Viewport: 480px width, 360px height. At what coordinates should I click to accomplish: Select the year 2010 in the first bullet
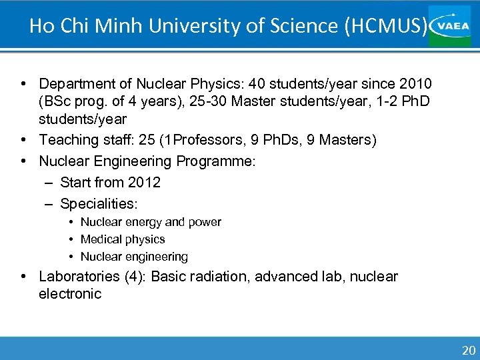pos(414,84)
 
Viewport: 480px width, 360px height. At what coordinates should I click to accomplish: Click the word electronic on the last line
pos(70,294)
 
